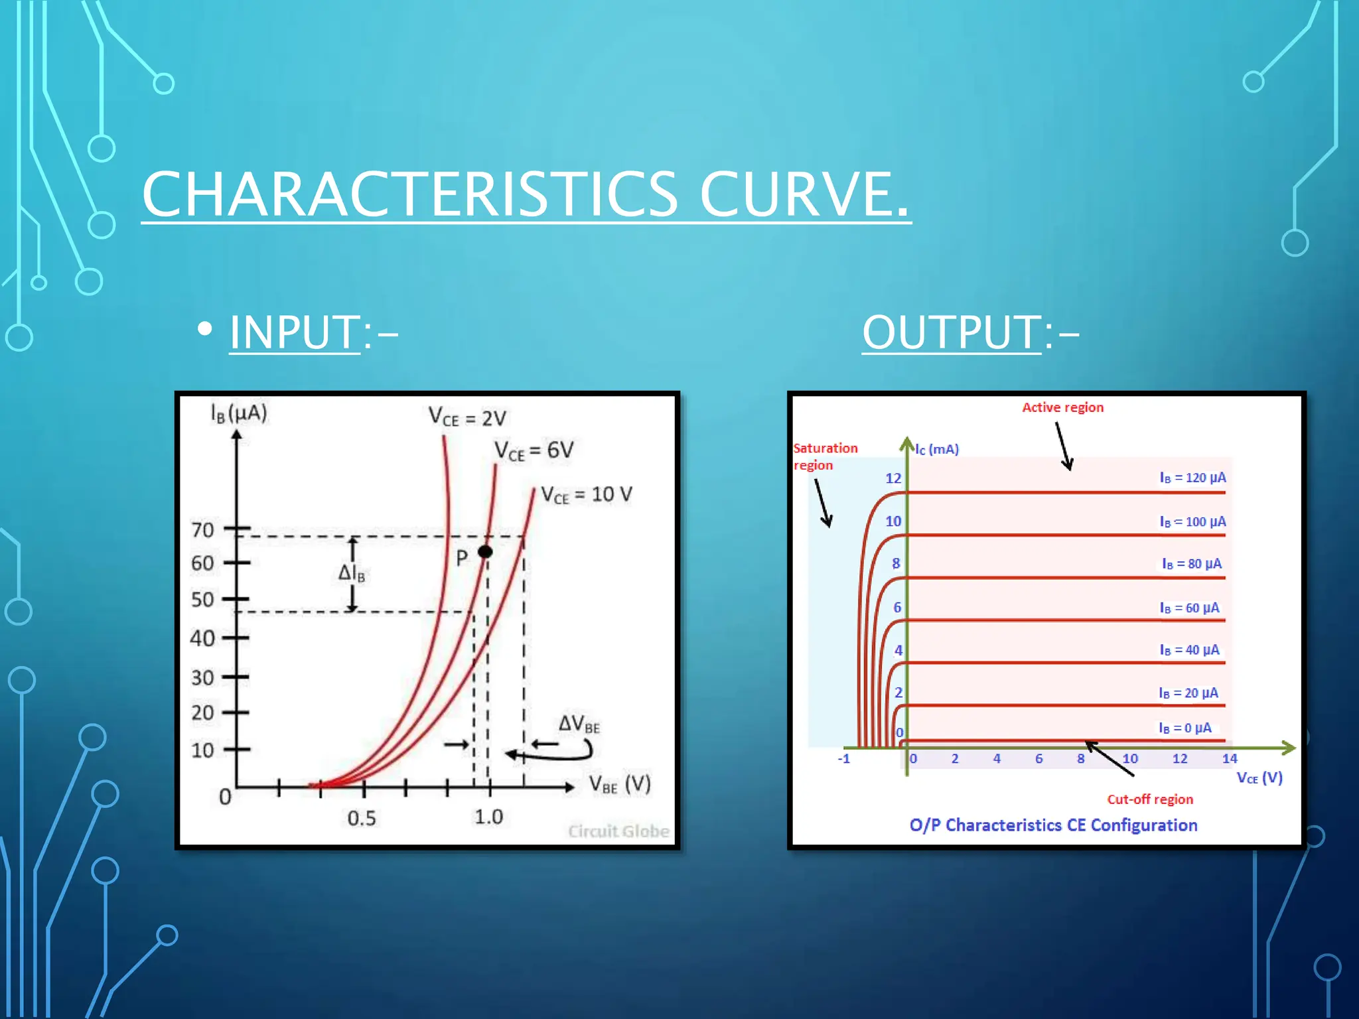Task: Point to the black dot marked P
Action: [485, 551]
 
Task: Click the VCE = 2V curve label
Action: [467, 417]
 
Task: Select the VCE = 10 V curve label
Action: [586, 495]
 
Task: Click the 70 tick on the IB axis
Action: [203, 530]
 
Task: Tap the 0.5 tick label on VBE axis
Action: [362, 818]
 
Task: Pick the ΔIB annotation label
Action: [352, 573]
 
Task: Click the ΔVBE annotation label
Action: [579, 724]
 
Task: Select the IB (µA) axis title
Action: [239, 413]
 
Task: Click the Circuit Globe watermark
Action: [618, 831]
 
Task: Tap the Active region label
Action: [1062, 407]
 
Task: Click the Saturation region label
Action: [825, 456]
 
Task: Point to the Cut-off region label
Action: [1150, 799]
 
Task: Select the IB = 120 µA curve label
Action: [1192, 478]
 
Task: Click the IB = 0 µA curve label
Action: [1185, 728]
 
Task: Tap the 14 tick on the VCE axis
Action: [1230, 758]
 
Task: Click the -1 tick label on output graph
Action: [843, 758]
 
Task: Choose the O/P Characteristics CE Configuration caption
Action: [1053, 825]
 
